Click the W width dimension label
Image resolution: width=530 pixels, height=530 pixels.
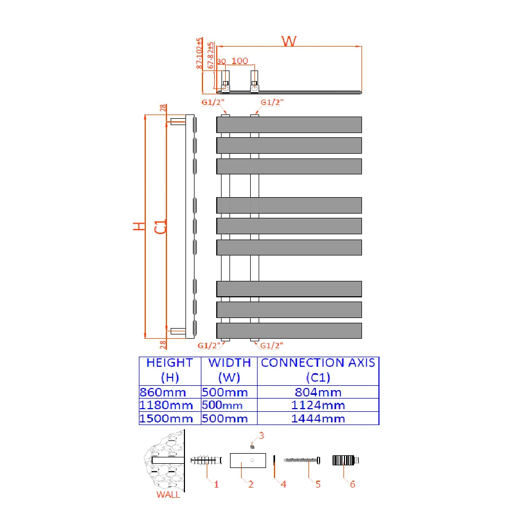pos(289,41)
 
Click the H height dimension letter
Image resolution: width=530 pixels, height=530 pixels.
pos(139,226)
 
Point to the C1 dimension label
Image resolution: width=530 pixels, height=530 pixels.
pos(161,226)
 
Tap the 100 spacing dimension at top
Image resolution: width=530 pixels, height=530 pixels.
pos(240,61)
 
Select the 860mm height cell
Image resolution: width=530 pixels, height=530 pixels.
pos(163,393)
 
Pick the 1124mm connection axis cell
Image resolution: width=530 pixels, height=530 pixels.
pos(319,405)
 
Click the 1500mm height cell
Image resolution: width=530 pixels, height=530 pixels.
pos(166,418)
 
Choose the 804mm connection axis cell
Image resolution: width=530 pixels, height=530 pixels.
pos(319,393)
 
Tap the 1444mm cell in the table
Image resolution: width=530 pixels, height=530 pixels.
pos(319,418)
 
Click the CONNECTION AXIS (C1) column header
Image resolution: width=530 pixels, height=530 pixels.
pos(318,370)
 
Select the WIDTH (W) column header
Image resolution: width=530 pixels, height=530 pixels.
pos(229,370)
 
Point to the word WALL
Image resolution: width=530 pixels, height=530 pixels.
pos(168,495)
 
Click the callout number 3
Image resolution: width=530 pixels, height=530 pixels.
pos(261,436)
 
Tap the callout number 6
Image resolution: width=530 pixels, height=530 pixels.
pos(352,484)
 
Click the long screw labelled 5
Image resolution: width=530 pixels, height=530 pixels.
pos(302,460)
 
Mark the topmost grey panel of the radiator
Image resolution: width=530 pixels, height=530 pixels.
pos(289,125)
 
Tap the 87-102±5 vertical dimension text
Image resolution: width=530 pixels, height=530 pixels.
pos(199,53)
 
